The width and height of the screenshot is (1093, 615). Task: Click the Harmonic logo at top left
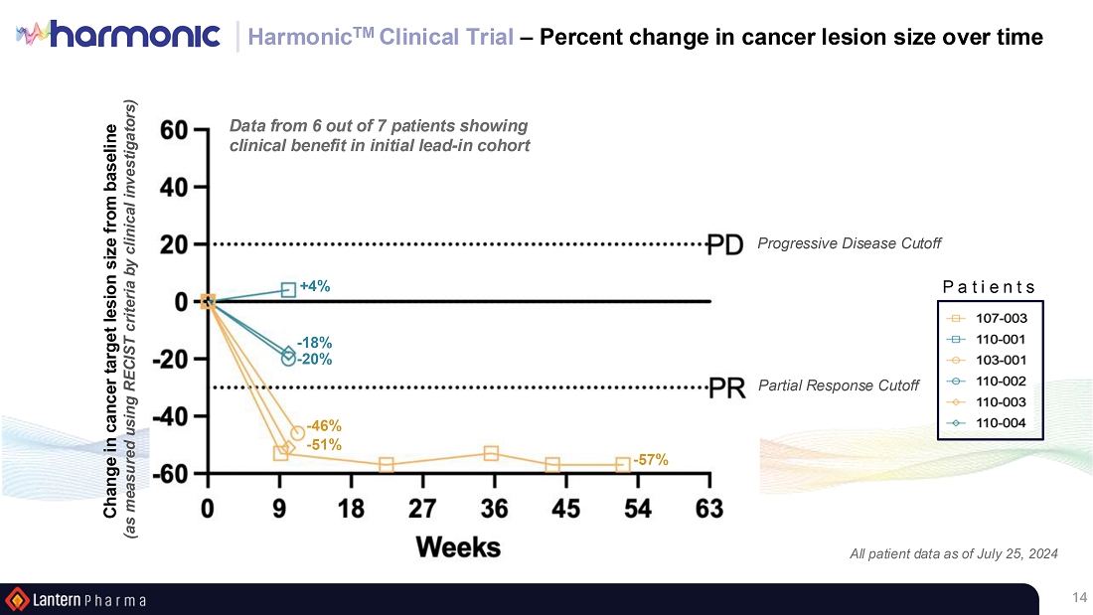pyautogui.click(x=119, y=36)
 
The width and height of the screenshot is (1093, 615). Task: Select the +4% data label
pyautogui.click(x=315, y=286)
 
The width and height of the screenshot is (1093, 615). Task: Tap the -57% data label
pyautogui.click(x=650, y=460)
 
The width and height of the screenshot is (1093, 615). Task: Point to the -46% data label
pyautogui.click(x=322, y=425)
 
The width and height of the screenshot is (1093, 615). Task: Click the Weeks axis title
pyautogui.click(x=458, y=546)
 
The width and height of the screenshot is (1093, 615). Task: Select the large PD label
pyautogui.click(x=725, y=244)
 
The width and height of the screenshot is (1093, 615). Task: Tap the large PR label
pyautogui.click(x=726, y=387)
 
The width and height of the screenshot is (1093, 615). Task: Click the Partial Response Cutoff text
pyautogui.click(x=838, y=385)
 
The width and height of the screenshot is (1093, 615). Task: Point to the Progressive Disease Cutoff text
pyautogui.click(x=849, y=243)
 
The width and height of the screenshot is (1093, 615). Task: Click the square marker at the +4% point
pyautogui.click(x=288, y=290)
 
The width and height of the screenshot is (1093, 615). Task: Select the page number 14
pyautogui.click(x=1079, y=597)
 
